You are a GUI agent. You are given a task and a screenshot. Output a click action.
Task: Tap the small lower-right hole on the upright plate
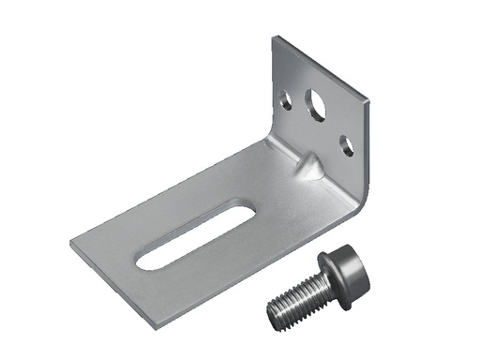click(347, 145)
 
